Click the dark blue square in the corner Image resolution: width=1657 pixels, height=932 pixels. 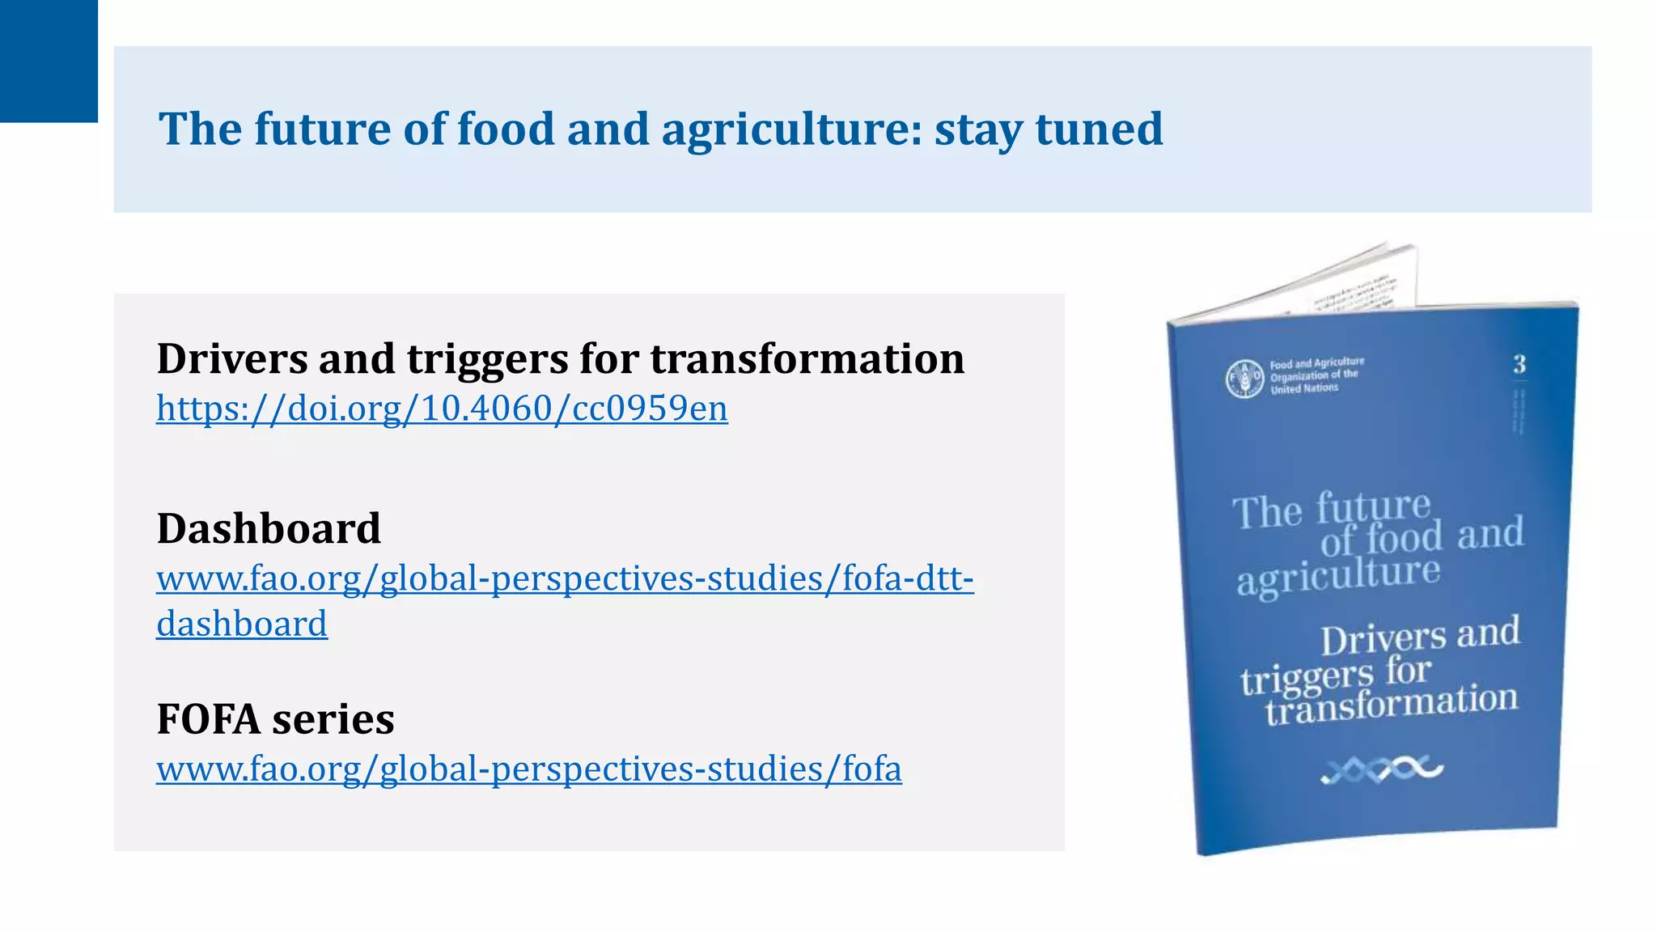tap(49, 61)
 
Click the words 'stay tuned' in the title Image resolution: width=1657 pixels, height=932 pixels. tap(1049, 129)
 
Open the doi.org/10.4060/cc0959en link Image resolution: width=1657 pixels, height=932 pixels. tap(442, 409)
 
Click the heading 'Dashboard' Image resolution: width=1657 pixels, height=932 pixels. tap(269, 529)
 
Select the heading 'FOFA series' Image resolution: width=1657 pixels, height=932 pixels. tap(275, 719)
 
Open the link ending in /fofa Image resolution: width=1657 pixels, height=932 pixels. tap(528, 769)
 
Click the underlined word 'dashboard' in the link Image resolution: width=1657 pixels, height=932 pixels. tap(242, 625)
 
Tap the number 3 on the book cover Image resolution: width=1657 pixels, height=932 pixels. tap(1519, 365)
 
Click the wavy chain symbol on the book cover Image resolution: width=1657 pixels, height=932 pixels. tap(1381, 769)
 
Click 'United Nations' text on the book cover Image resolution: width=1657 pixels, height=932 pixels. tap(1304, 389)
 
